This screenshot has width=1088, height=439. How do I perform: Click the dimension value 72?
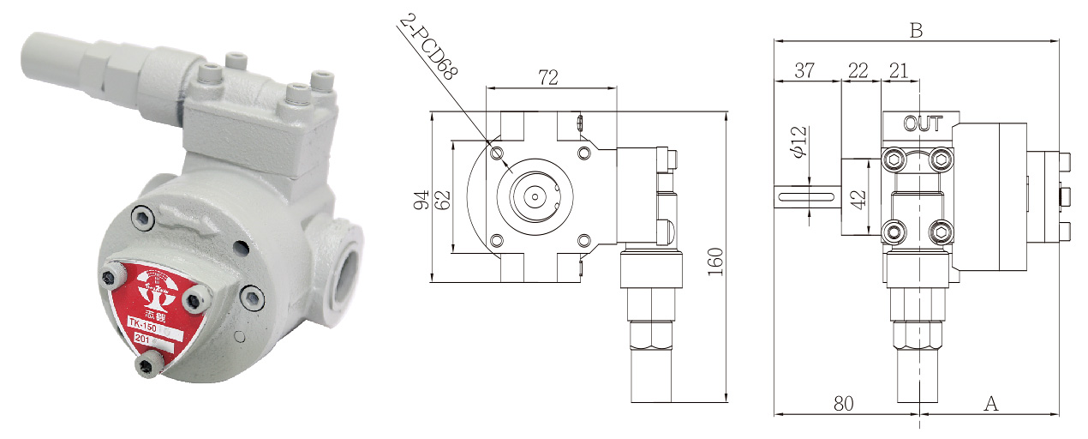548,77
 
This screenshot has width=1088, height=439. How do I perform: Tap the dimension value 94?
421,200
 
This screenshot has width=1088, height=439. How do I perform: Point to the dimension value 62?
442,200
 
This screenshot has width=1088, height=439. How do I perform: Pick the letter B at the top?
916,31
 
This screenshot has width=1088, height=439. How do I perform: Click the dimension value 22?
858,71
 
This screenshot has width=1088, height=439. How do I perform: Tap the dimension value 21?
899,71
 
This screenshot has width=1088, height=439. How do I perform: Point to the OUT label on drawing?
923,124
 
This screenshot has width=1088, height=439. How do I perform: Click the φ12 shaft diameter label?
798,142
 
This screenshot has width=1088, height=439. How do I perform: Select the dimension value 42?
859,198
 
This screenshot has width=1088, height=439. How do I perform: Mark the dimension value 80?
844,403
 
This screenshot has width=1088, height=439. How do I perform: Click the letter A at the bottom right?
991,403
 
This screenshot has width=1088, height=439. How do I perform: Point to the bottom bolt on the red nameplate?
146,367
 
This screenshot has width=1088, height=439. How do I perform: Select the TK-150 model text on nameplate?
142,324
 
